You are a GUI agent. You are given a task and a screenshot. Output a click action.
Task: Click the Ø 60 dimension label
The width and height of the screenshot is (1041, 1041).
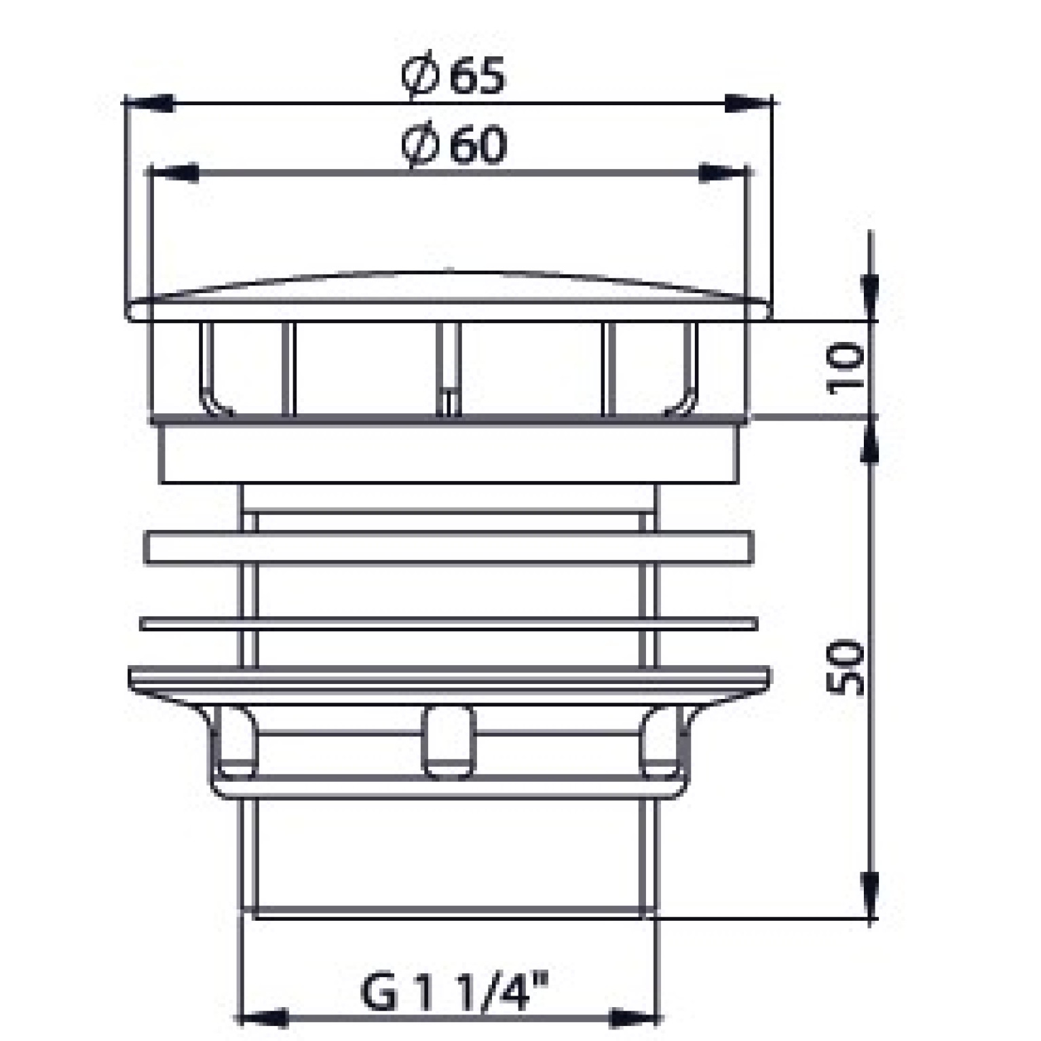pyautogui.click(x=453, y=145)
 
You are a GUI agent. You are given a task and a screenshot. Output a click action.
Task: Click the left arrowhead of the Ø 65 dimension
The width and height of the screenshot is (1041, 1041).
pyautogui.click(x=149, y=104)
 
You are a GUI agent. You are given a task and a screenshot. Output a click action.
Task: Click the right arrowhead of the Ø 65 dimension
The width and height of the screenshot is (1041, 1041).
pyautogui.click(x=749, y=104)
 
